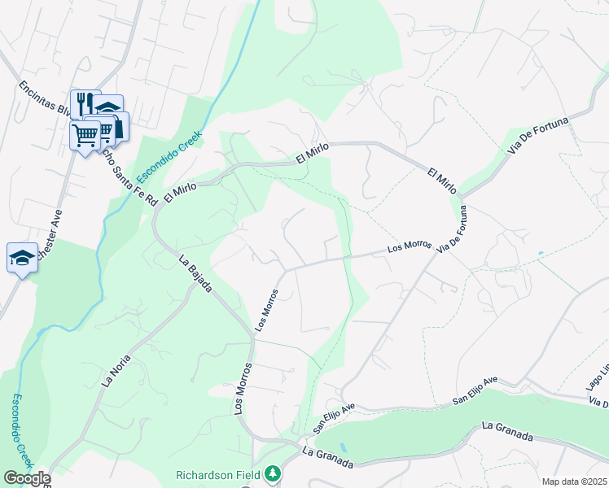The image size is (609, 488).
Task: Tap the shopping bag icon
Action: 117,125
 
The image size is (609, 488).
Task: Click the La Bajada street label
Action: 195,272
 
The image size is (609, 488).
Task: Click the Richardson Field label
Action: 217,474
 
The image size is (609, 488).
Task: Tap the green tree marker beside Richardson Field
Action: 274,473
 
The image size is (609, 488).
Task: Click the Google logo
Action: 26,478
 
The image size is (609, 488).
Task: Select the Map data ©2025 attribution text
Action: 575,481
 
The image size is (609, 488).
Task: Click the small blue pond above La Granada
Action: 341,447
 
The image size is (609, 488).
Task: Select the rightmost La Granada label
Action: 507,431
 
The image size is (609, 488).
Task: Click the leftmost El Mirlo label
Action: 181,191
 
